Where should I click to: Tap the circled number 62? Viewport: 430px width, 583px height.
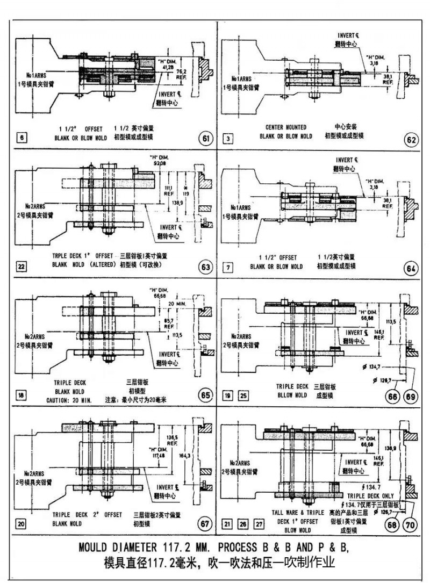411,141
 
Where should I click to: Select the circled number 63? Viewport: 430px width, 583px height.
205,267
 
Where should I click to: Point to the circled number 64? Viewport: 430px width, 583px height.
411,269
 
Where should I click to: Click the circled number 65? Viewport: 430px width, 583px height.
205,395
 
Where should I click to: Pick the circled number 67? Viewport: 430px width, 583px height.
205,524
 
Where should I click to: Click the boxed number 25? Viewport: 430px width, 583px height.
243,396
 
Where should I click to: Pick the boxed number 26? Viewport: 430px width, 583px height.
243,524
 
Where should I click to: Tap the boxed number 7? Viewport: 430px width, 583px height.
229,267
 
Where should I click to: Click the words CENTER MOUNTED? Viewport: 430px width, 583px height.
286,127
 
